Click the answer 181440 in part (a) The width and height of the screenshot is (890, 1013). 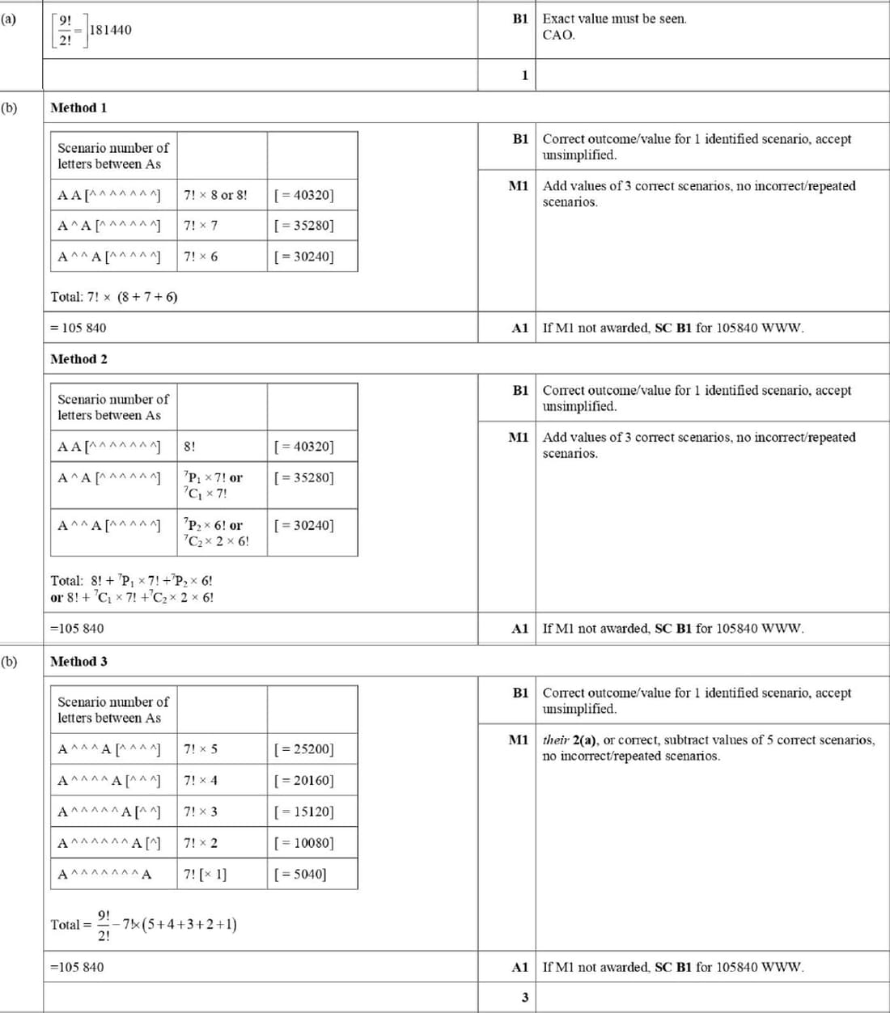click(110, 30)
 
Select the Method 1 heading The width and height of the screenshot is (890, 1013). click(78, 108)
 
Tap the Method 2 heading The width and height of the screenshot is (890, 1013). click(78, 359)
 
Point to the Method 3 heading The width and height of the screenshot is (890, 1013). click(78, 662)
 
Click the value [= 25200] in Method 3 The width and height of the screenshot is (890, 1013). click(304, 749)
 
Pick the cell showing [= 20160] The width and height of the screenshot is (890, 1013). click(304, 781)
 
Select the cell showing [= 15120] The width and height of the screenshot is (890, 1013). click(304, 812)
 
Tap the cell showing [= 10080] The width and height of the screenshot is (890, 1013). click(304, 843)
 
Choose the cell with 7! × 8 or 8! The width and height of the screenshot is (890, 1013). click(215, 195)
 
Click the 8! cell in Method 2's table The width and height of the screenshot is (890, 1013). click(189, 447)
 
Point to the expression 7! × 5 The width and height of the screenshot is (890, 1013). click(201, 749)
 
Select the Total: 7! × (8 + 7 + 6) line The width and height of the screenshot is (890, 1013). click(114, 297)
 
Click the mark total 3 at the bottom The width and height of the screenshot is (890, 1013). click(524, 998)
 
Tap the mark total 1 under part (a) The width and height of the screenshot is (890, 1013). click(524, 75)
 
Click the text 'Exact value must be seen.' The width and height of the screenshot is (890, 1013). click(614, 19)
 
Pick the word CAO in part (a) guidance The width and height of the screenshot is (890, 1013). click(558, 35)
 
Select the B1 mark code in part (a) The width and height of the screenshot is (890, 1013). click(520, 18)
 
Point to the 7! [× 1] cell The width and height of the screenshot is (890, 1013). click(206, 875)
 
